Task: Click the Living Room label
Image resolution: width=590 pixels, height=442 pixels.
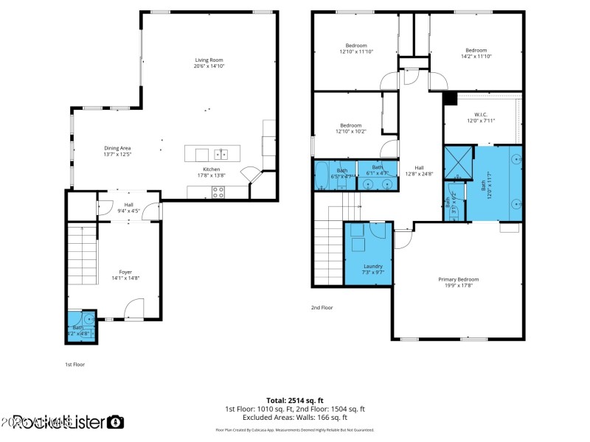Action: tap(209, 63)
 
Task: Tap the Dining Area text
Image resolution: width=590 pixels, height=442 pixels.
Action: tap(117, 151)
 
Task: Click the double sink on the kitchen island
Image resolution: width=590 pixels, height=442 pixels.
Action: tap(221, 154)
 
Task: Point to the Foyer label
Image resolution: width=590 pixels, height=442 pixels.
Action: tap(125, 275)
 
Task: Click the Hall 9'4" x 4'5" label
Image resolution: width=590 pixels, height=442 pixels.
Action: tap(128, 208)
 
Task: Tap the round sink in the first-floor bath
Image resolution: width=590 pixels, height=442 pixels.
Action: tap(88, 319)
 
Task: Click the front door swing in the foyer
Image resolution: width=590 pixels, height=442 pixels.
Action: tap(133, 309)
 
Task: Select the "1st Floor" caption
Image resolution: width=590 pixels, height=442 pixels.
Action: tap(75, 364)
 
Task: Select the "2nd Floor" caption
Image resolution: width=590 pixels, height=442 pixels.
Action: tap(322, 307)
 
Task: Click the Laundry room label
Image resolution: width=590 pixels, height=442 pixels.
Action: tap(373, 269)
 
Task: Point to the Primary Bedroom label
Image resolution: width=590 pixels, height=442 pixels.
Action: tap(458, 282)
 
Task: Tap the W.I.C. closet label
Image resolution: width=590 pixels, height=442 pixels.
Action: tap(480, 117)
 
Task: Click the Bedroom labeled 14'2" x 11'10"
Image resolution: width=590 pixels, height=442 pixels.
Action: tap(476, 53)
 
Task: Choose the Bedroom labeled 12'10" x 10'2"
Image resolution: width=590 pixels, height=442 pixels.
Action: tap(350, 128)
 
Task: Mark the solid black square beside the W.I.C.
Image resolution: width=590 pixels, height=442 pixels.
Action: tap(448, 98)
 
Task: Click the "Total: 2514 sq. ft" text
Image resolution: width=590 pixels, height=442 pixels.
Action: tap(295, 400)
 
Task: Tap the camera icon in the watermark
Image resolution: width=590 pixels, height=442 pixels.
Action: tap(115, 422)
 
